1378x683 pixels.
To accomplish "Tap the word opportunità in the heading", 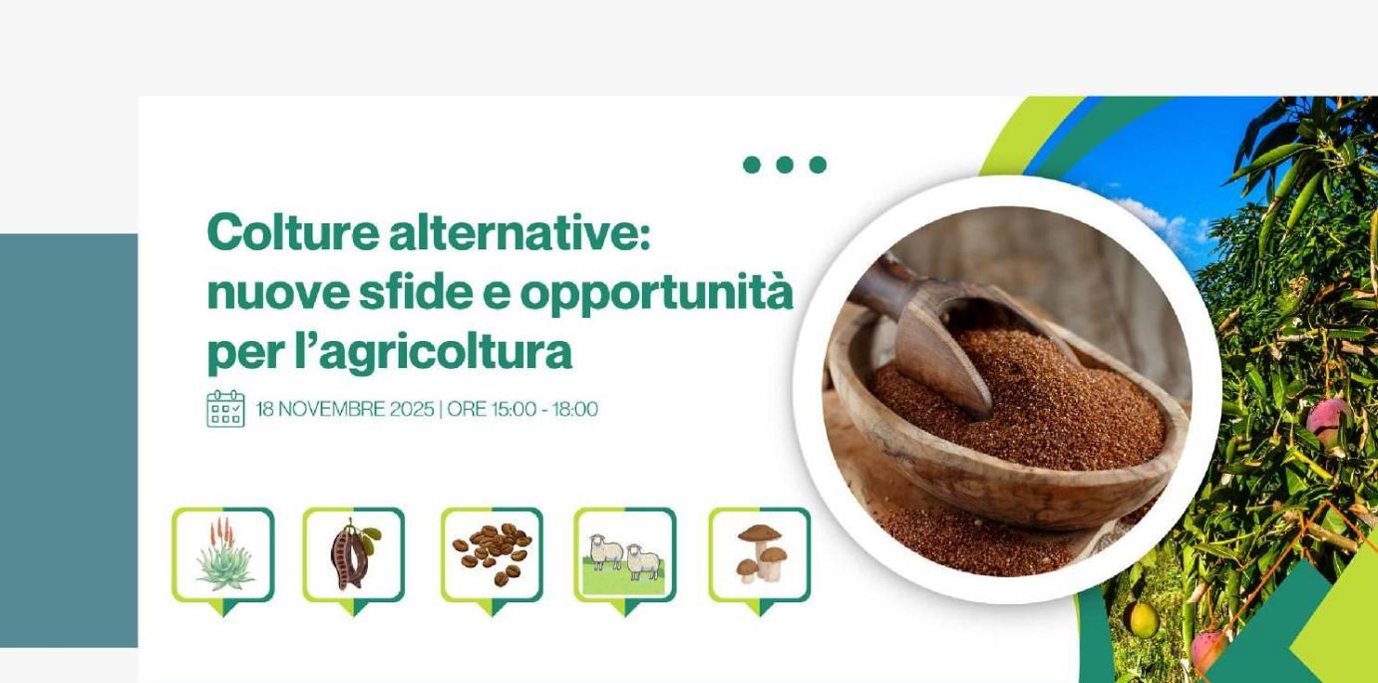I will click(656, 293).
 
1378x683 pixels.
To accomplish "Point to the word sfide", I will click(411, 293).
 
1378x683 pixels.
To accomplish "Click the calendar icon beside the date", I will click(225, 409).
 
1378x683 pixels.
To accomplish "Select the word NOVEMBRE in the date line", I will click(331, 409).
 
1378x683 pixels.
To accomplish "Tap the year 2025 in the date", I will click(412, 409).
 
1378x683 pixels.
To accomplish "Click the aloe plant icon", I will click(223, 554).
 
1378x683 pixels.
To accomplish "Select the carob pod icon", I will click(353, 554).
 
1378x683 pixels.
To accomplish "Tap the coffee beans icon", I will click(492, 554).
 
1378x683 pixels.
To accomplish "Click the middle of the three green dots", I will click(785, 165).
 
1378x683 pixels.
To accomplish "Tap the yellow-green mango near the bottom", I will click(1143, 620).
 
